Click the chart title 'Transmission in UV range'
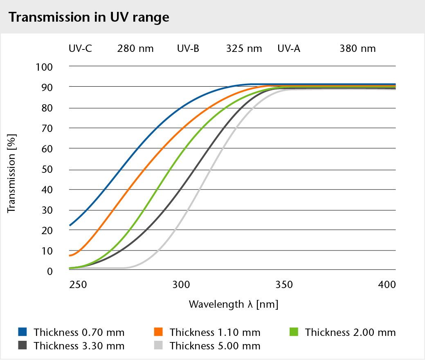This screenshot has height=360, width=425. click(x=89, y=17)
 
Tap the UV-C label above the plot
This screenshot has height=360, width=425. click(x=80, y=49)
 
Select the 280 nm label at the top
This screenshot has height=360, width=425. click(x=135, y=49)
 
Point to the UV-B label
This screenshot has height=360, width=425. click(x=188, y=49)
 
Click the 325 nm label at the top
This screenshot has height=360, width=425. click(x=244, y=49)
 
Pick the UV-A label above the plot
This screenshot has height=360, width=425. click(x=289, y=49)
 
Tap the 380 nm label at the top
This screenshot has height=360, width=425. click(x=358, y=49)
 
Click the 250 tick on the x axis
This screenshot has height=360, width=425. click(x=77, y=284)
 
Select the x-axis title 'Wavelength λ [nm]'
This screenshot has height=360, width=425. click(x=233, y=304)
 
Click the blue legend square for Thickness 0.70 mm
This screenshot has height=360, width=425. click(x=22, y=331)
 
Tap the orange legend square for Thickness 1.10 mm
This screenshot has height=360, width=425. click(x=158, y=331)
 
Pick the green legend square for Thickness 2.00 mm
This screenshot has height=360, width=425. click(x=294, y=331)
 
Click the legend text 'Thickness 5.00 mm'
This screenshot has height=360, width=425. click(x=215, y=346)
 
